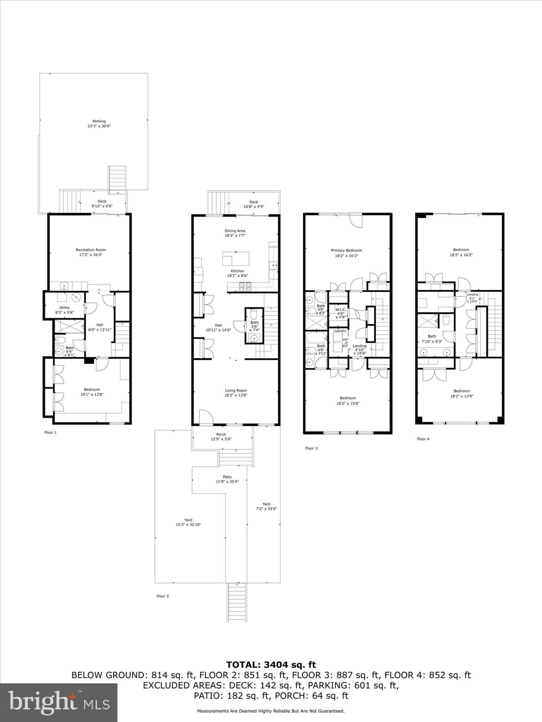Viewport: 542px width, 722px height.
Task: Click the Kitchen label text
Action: [237, 271]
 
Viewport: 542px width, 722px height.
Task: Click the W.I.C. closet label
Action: [341, 310]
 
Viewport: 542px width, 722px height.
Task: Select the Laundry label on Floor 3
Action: [340, 331]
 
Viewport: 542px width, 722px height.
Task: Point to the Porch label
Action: [221, 434]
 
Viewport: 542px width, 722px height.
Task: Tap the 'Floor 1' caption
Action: [50, 432]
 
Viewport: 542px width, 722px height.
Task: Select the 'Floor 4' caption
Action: [423, 439]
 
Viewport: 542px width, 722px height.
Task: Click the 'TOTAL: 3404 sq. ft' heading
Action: [271, 665]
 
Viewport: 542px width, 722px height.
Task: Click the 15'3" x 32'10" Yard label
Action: [188, 522]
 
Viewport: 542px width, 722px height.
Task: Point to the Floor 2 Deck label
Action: [254, 204]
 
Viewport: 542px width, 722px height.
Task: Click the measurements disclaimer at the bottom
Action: [271, 711]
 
